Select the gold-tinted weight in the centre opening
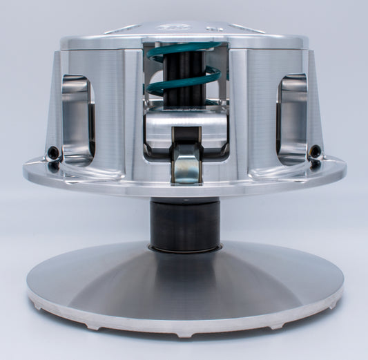(x=184, y=165)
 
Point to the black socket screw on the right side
(x=315, y=150)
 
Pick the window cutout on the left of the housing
(x=76, y=117)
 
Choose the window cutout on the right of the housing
(x=292, y=117)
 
